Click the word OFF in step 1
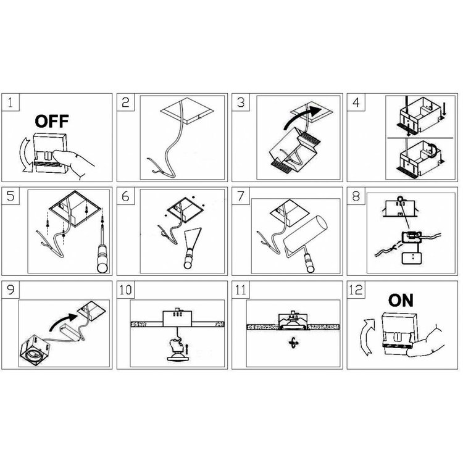52,122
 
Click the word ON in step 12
401,301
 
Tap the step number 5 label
10,196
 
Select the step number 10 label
125,290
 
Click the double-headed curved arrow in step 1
24,154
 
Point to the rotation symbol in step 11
293,343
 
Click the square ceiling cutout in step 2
187,111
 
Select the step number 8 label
356,196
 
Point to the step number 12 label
356,290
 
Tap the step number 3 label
241,102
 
